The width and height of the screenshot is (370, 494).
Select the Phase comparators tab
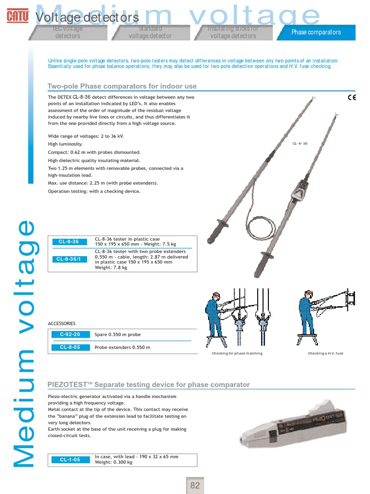316,32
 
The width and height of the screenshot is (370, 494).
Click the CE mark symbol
352,97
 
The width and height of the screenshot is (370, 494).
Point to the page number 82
195,485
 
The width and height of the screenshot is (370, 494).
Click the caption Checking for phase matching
237,354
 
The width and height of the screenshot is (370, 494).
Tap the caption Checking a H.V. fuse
326,354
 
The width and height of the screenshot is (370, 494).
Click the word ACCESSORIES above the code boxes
62,323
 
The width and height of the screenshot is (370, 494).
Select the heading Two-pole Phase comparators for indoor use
122,86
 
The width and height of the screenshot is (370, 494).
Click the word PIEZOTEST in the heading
66,384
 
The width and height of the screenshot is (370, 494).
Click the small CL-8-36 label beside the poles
300,144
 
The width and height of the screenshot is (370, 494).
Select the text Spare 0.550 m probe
118,334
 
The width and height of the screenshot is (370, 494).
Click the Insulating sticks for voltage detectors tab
234,32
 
